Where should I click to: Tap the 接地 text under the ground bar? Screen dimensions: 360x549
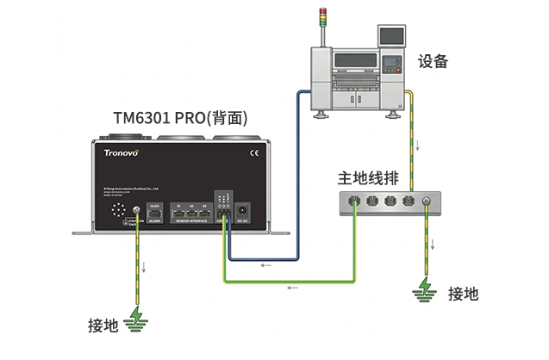[463, 293]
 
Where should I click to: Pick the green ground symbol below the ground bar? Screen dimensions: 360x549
[424, 289]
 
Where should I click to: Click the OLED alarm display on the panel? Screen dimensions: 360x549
[155, 213]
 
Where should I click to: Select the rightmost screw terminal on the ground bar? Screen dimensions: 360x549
[424, 204]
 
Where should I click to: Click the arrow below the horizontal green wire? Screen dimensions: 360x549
[290, 286]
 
